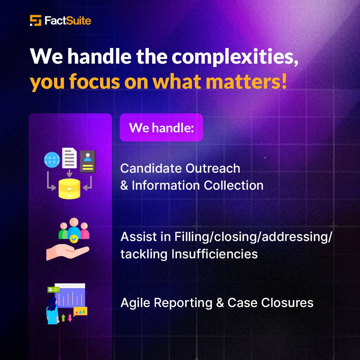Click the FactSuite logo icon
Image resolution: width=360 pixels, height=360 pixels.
point(35,21)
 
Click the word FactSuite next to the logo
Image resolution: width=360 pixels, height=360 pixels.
point(68,21)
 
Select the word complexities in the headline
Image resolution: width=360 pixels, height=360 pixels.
point(235,56)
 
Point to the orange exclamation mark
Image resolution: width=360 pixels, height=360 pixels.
point(284,81)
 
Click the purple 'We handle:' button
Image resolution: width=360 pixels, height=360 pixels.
point(161,127)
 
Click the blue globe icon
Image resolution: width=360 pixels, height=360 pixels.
point(52,160)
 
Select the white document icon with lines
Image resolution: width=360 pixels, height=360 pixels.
point(69,158)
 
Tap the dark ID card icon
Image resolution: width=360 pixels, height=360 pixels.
point(88,161)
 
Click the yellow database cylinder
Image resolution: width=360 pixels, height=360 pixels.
point(69,189)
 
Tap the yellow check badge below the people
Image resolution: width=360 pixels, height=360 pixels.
point(74,239)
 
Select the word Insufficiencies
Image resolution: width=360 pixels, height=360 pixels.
point(215,254)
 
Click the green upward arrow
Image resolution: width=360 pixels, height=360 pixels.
point(63,317)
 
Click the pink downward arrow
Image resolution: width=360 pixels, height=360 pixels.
point(70,317)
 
